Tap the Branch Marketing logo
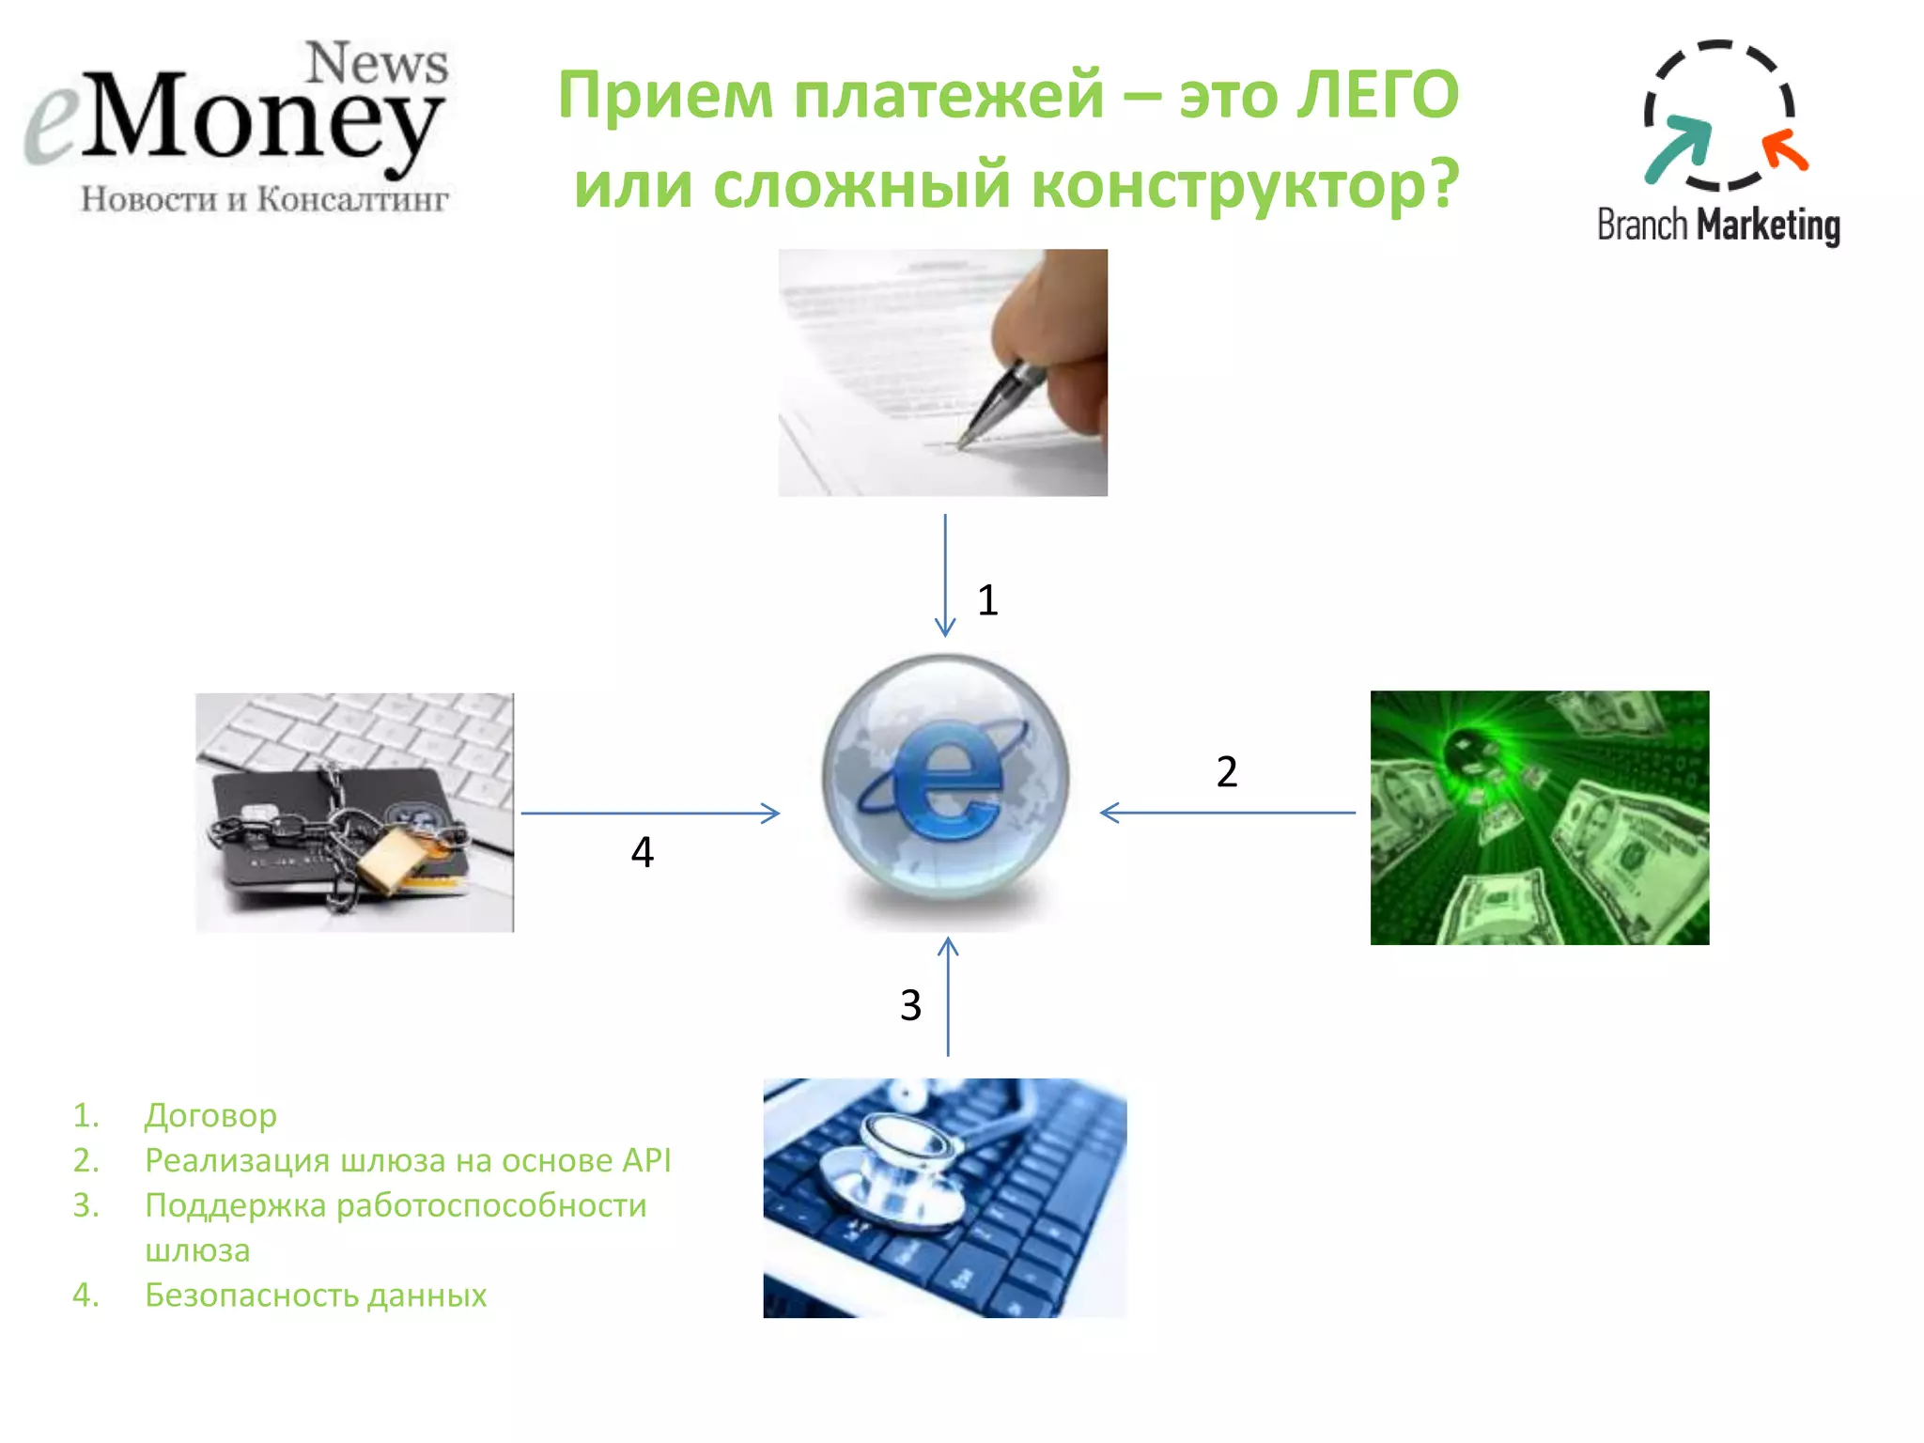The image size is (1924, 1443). click(1717, 141)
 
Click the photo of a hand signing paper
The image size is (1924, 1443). click(942, 372)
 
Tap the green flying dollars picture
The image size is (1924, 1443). click(1539, 817)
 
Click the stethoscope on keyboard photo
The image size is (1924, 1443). click(944, 1197)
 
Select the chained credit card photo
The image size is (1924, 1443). click(354, 813)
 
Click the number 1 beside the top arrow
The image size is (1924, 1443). click(986, 600)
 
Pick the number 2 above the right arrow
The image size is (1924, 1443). click(1226, 772)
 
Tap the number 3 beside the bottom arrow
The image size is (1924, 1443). click(910, 1005)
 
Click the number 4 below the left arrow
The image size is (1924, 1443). click(642, 852)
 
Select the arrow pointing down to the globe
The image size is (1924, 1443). click(945, 575)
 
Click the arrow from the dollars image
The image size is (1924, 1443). click(1227, 813)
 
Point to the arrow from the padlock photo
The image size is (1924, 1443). click(650, 813)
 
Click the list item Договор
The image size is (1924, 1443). click(210, 1115)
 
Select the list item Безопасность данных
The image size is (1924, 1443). click(316, 1296)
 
